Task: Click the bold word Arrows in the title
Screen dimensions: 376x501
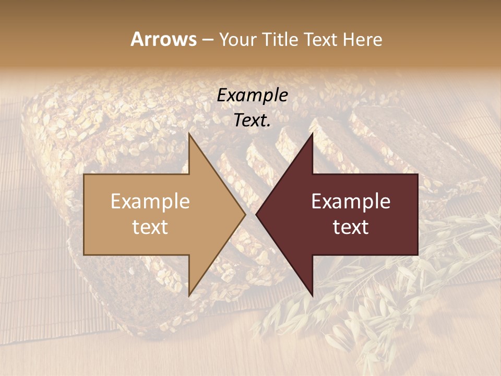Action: [163, 39]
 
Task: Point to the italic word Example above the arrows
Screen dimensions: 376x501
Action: [252, 96]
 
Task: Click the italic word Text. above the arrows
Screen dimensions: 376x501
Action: [252, 121]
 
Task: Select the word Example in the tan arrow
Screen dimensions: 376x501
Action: [150, 202]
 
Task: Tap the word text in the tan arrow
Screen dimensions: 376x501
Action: [150, 227]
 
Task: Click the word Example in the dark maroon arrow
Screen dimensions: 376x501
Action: [351, 202]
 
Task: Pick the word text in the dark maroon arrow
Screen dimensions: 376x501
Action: [351, 227]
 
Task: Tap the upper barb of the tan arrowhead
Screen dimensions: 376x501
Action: [190, 137]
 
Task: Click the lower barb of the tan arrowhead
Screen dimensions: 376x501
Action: [190, 292]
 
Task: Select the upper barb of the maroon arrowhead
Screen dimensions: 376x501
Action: [312, 137]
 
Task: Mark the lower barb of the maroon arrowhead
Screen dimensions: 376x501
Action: [312, 292]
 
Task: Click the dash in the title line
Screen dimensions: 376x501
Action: [207, 40]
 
